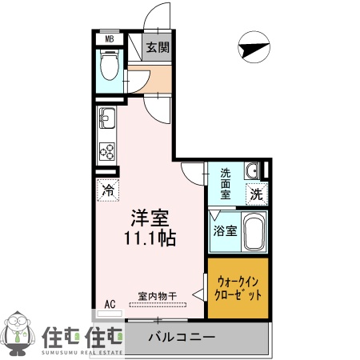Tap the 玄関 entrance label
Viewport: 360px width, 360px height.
click(x=157, y=47)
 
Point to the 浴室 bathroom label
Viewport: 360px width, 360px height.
click(x=225, y=232)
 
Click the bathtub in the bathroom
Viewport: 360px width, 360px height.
click(x=254, y=233)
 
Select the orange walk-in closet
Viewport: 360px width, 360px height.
click(x=238, y=287)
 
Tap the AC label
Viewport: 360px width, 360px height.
click(x=110, y=305)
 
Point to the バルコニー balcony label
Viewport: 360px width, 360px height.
click(x=182, y=337)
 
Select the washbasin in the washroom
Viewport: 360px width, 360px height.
click(x=252, y=170)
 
